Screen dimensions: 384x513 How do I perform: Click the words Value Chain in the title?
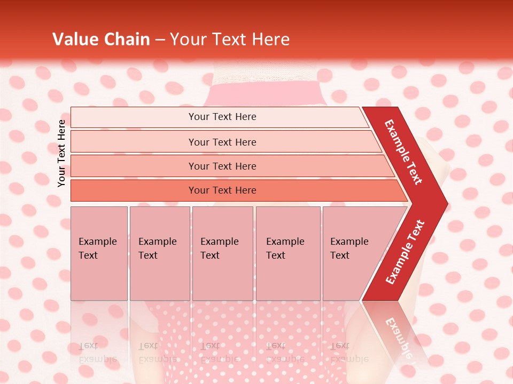101,39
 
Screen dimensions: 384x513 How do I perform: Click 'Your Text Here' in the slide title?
230,39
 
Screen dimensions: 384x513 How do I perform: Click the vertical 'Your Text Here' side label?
61,153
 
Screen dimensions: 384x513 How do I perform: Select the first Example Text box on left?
99,253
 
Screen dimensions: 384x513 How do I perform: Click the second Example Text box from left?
159,253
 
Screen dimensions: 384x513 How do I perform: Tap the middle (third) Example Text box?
222,253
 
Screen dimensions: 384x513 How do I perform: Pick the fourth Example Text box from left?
288,253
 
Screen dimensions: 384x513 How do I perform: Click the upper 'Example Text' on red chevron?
403,152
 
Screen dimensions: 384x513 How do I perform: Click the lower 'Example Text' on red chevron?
405,252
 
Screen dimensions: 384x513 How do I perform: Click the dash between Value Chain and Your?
160,39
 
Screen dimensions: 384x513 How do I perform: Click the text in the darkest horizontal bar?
222,190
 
